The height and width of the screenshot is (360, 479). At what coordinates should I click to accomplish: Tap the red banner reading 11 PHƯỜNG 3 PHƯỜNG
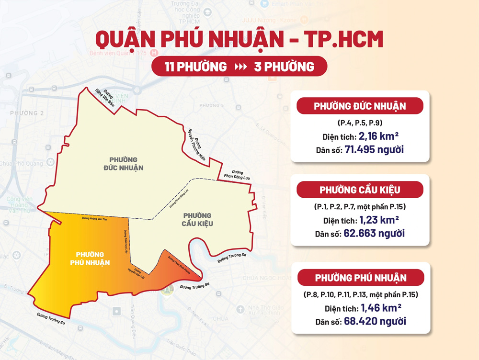[x=239, y=67]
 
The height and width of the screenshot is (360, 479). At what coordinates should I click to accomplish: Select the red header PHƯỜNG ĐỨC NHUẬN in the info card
[x=360, y=106]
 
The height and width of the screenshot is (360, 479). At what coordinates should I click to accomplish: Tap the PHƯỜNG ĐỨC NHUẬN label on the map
[x=124, y=163]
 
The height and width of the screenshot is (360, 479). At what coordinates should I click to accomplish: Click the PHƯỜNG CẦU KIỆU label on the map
[x=197, y=220]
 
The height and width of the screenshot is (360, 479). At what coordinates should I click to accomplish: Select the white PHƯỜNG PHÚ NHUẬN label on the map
[x=90, y=258]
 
